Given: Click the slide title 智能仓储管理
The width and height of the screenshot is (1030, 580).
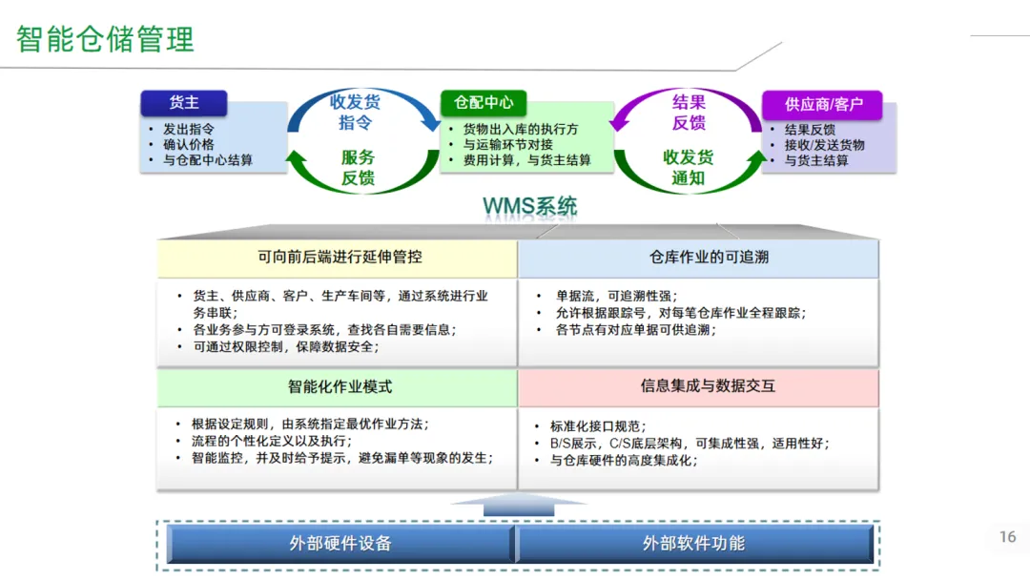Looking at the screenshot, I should coord(105,39).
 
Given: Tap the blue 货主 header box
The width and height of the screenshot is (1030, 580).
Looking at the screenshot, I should coord(184,103).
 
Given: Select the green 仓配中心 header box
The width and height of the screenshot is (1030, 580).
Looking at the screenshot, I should coord(484,103).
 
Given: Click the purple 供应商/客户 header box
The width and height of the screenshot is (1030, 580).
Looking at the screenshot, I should coord(822,104).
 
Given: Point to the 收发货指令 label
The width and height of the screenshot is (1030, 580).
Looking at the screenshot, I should coord(356,113).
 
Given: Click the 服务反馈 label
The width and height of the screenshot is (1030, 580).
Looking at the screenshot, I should coord(358,168).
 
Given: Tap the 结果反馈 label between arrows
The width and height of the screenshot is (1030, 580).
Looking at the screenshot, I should coord(689,113).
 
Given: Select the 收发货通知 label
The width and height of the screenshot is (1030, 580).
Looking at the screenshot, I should coord(689,168).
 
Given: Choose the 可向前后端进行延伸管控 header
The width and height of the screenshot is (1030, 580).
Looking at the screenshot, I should coord(340,257).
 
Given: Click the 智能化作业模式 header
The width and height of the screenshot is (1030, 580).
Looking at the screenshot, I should coord(340,386).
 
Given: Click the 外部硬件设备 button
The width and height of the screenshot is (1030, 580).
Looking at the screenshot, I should coord(340,544).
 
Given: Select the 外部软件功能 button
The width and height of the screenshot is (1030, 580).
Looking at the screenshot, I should coord(693,544).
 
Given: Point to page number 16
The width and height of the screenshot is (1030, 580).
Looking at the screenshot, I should coord(1007,537).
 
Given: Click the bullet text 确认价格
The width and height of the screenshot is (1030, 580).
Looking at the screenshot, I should coord(189,145).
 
